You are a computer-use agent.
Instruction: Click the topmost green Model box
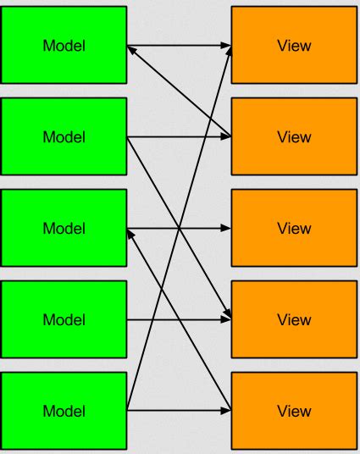(x=64, y=45)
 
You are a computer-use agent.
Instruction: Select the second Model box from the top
(x=64, y=136)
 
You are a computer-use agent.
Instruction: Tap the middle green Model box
(x=64, y=228)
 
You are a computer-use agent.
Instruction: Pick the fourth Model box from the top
(x=64, y=319)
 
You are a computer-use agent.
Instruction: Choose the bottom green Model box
(x=64, y=411)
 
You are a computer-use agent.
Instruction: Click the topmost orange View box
(x=294, y=45)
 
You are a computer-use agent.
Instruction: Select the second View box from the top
(x=294, y=136)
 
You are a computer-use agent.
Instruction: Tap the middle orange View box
(x=294, y=228)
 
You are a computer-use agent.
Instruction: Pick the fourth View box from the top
(x=294, y=319)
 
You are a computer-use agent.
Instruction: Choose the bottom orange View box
(x=294, y=411)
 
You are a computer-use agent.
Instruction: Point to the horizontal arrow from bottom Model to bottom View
(x=195, y=411)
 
